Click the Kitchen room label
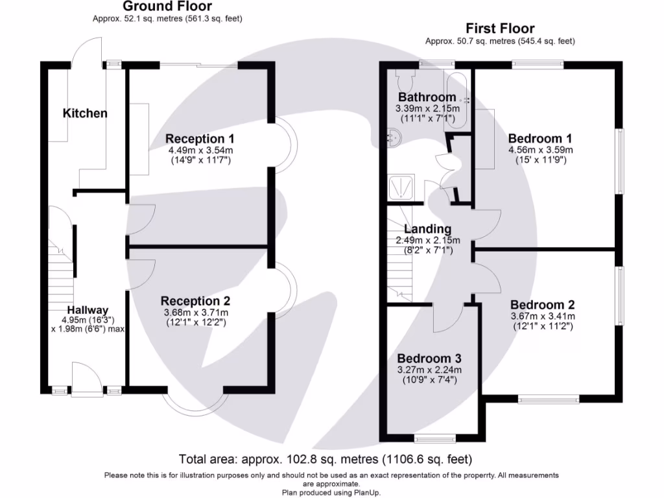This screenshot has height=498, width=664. click(x=85, y=113)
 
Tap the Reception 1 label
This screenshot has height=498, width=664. click(x=200, y=139)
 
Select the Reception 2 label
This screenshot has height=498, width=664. click(x=195, y=301)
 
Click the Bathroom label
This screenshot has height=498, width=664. click(x=427, y=98)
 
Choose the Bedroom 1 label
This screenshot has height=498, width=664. click(x=539, y=138)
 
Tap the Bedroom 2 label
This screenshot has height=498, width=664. click(x=542, y=305)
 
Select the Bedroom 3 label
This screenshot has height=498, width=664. click(x=429, y=359)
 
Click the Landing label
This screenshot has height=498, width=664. click(x=427, y=229)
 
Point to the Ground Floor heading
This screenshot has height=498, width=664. click(x=167, y=7)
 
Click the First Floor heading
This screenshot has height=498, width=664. click(x=500, y=29)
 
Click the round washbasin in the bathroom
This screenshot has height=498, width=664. click(x=394, y=135)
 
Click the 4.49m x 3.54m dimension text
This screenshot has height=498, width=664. click(x=200, y=150)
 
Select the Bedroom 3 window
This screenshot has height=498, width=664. click(x=434, y=438)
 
